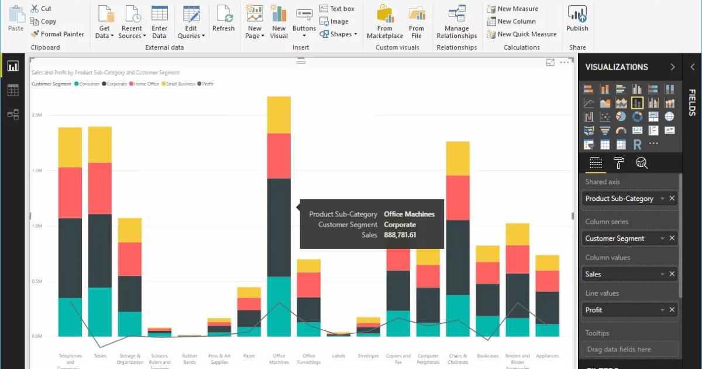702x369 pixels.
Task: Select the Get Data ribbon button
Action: pyautogui.click(x=104, y=22)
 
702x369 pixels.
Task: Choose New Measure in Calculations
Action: pyautogui.click(x=517, y=9)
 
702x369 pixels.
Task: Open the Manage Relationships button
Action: pyautogui.click(x=456, y=22)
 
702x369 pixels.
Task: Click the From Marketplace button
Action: pyautogui.click(x=384, y=22)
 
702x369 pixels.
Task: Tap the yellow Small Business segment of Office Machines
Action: pyautogui.click(x=279, y=115)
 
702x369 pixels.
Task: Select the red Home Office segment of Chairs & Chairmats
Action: pyautogui.click(x=457, y=197)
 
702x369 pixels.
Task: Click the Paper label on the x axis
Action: pyautogui.click(x=249, y=356)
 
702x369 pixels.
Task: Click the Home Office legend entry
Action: pyautogui.click(x=146, y=84)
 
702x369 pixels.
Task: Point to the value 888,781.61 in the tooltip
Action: pyautogui.click(x=400, y=235)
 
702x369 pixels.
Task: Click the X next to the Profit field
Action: pyautogui.click(x=672, y=310)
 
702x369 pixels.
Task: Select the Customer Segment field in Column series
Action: pyautogui.click(x=615, y=238)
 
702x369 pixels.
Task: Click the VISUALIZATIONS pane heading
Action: pyautogui.click(x=617, y=67)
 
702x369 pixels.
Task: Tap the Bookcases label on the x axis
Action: pyautogui.click(x=487, y=356)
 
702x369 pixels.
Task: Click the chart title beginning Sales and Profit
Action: pyautogui.click(x=105, y=73)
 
